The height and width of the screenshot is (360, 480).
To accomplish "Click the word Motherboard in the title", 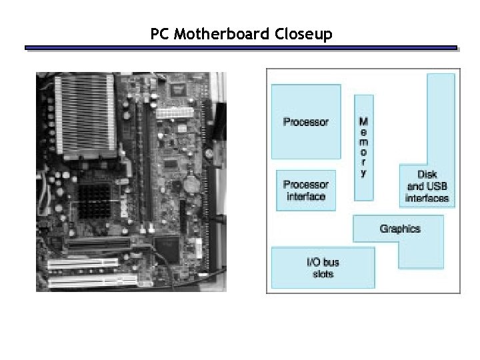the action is pos(222,34).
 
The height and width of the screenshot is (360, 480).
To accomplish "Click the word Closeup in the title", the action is pos(303,34).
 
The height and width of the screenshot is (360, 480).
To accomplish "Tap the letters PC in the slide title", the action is pos(160,34).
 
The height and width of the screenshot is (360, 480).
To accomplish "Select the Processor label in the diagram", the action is pos(306,122).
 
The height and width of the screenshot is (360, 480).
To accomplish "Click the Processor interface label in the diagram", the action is pos(306,191).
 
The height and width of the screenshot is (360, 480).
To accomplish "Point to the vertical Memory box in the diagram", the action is pos(363,147).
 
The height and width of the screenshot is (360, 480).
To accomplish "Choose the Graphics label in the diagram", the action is pos(400,229).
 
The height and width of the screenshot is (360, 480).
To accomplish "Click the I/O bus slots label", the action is pos(323,268).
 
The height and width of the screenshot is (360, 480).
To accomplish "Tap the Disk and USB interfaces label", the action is pos(427,187).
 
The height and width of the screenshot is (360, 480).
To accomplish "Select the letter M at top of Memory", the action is pos(363,121).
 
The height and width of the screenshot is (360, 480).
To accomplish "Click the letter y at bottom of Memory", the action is pos(363,173).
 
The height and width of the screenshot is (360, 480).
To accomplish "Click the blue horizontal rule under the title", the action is pos(241,48).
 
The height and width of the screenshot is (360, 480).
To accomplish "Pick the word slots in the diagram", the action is pos(323,274).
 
